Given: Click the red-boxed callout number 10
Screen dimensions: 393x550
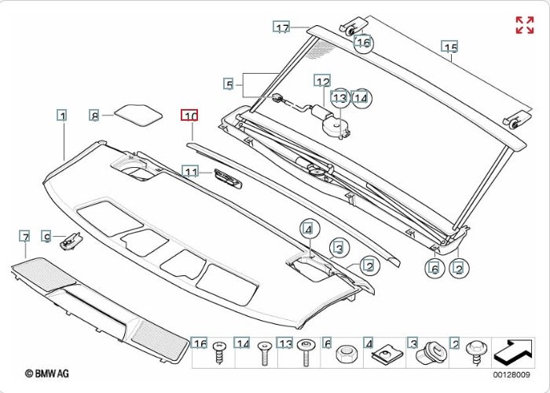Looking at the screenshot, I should tap(190, 115).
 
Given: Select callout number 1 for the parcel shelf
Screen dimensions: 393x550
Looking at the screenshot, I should tap(61, 115).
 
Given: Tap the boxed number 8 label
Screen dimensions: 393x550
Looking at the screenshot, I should tap(94, 115).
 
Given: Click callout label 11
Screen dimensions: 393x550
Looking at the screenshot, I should tap(190, 171).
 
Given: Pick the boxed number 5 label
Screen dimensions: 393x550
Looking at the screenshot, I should tap(229, 84).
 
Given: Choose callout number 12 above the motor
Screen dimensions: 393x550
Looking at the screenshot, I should tap(323, 82).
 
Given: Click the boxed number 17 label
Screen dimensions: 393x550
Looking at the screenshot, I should tap(282, 28).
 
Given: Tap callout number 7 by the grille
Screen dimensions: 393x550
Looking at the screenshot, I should tap(25, 236).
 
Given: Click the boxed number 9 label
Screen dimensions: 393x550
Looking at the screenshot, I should tap(47, 236).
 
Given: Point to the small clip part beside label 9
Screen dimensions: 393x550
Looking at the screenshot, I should tap(71, 240).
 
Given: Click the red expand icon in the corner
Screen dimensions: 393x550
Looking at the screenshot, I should tap(524, 25).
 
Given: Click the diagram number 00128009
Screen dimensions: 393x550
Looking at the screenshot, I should tap(512, 375).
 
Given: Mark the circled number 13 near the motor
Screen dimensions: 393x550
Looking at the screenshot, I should tap(339, 98).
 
